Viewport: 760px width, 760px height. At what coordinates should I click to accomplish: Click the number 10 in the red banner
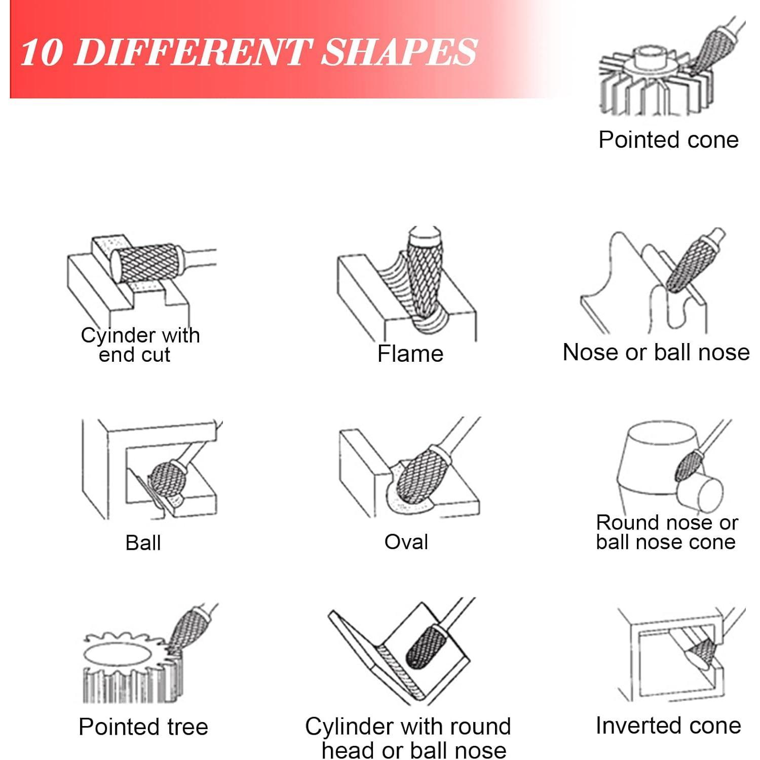pyautogui.click(x=42, y=52)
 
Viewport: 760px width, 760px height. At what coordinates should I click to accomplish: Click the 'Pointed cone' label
pyautogui.click(x=668, y=140)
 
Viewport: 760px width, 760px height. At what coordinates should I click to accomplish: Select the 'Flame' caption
pyautogui.click(x=410, y=354)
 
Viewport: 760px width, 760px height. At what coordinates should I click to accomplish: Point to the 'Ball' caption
pyautogui.click(x=143, y=543)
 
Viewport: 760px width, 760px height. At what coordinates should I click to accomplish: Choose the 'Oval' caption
pyautogui.click(x=406, y=542)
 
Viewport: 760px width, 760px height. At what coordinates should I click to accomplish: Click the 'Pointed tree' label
pyautogui.click(x=143, y=727)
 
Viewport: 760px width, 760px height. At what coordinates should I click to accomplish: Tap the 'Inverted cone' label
pyautogui.click(x=668, y=726)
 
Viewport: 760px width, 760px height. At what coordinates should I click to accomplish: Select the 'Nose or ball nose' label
pyautogui.click(x=656, y=352)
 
